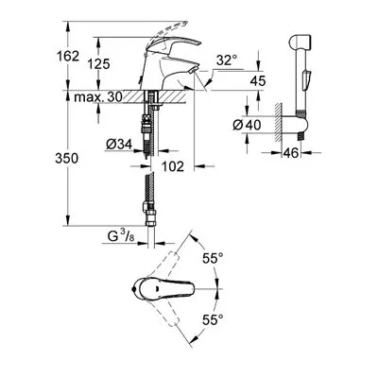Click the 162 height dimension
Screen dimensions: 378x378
pos(68,57)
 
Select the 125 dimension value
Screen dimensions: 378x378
pos(98,64)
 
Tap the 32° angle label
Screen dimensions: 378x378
pos(227,60)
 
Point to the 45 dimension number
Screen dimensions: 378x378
pos(258,81)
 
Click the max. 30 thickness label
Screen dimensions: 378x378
pos(98,97)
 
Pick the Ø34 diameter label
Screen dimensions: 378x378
pos(119,145)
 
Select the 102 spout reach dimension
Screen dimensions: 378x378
pos(173,166)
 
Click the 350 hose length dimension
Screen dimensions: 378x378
pos(66,158)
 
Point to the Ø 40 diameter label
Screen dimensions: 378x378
pos(247,125)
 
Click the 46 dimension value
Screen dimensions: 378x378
pos(290,153)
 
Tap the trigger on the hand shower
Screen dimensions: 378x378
pos(307,80)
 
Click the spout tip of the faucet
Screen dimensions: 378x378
pos(193,70)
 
